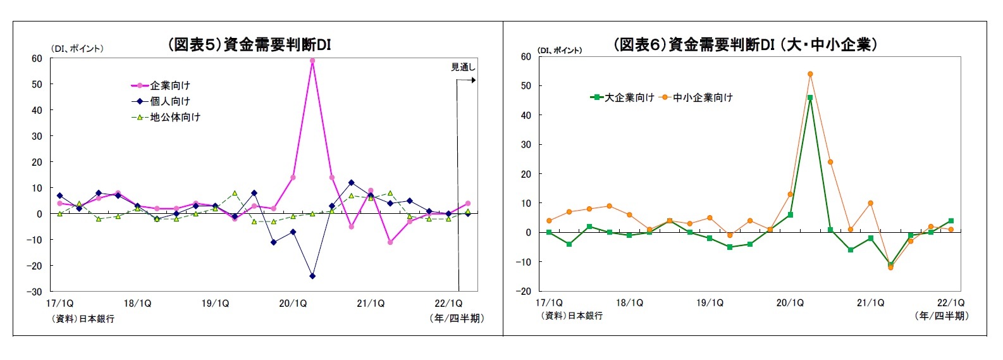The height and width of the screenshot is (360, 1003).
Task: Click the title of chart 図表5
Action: point(249,44)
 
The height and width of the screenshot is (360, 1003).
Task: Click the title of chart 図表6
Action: point(745,44)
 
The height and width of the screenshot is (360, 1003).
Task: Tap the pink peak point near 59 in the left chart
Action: point(312,61)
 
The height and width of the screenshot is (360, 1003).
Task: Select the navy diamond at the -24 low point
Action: point(312,276)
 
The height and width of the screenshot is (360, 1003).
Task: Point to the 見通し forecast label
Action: point(462,67)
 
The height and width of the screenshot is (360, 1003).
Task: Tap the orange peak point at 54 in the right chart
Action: point(810,74)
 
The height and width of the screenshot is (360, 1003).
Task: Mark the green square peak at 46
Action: point(810,97)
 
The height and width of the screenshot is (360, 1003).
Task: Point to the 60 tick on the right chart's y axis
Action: point(526,56)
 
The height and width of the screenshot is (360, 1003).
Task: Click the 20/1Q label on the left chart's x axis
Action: point(293,304)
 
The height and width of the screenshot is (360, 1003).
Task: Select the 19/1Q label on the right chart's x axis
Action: point(710,303)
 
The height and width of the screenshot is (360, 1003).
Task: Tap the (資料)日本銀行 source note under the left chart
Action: point(83,319)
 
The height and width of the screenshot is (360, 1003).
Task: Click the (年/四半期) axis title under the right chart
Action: point(941,316)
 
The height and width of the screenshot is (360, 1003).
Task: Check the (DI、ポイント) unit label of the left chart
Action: point(77,49)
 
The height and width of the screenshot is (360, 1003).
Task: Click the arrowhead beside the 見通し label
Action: point(473,80)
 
